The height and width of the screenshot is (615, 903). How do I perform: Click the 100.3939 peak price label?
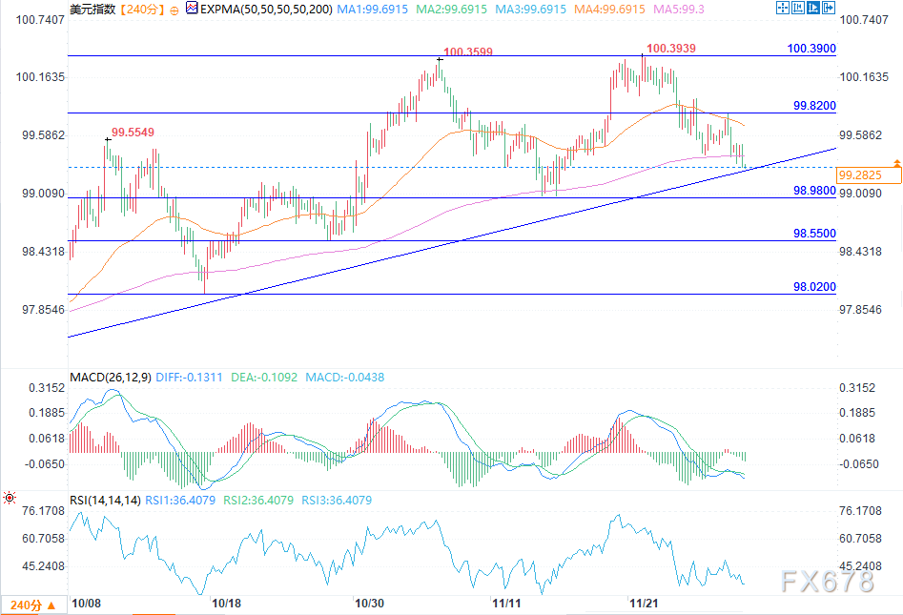(x=671, y=47)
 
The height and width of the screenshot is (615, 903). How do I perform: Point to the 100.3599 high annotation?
(x=468, y=52)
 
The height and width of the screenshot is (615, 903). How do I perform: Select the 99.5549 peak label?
(x=133, y=132)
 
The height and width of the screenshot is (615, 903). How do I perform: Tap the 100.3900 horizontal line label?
(x=811, y=48)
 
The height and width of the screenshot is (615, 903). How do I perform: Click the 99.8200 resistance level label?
(x=814, y=105)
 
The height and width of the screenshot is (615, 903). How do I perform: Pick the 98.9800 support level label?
(x=814, y=191)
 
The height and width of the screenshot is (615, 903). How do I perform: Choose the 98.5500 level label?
(x=814, y=234)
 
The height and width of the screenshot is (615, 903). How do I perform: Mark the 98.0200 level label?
(x=814, y=287)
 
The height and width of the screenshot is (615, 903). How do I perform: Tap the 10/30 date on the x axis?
(x=369, y=603)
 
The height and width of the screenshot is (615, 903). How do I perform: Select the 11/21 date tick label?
(x=644, y=603)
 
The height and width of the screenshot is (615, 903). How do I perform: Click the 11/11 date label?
(x=505, y=603)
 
